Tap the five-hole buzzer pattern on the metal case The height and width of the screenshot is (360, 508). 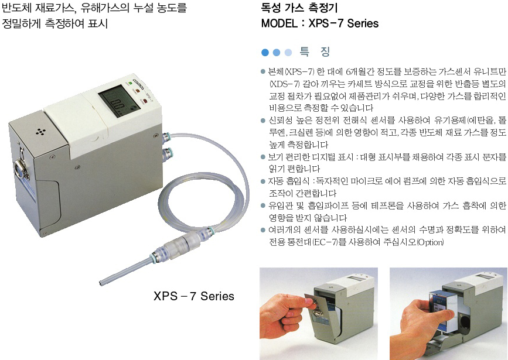pos(40,132)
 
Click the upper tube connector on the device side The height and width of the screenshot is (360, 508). pos(166,136)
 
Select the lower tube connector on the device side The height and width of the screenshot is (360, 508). pos(167,152)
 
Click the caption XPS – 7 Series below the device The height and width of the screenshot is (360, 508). pos(194,296)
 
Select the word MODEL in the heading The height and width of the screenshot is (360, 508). pos(279,23)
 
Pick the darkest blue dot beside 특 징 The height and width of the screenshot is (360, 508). pos(265,52)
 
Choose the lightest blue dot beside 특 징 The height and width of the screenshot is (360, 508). pos(288,52)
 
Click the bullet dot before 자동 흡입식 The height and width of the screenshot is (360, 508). pos(263,181)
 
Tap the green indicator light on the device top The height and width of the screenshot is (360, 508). pos(130,83)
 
